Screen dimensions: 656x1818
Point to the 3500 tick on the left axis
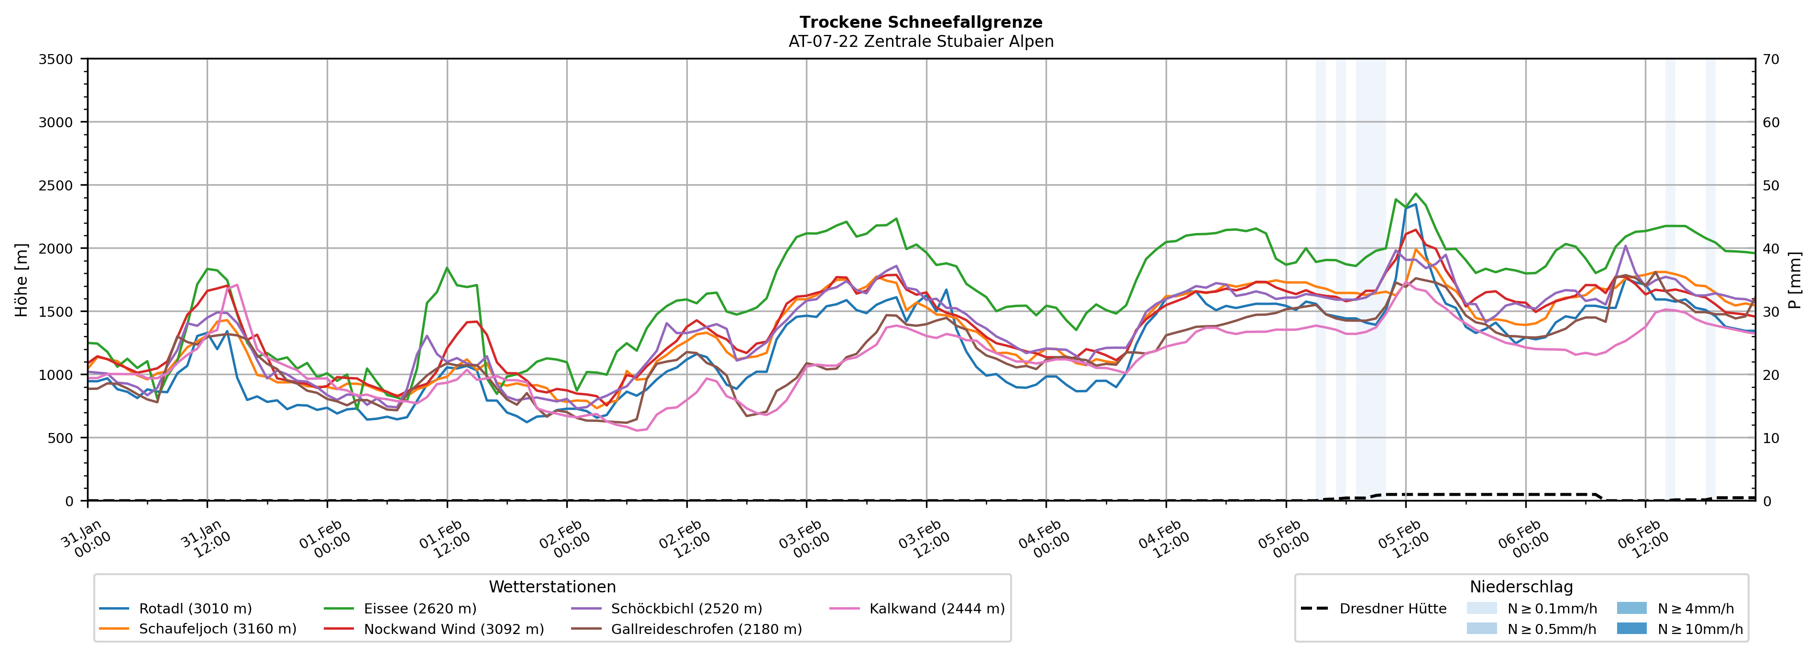click(x=56, y=59)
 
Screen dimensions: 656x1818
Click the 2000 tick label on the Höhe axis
click(x=56, y=248)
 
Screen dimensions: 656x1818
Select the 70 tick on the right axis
click(x=1772, y=59)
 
